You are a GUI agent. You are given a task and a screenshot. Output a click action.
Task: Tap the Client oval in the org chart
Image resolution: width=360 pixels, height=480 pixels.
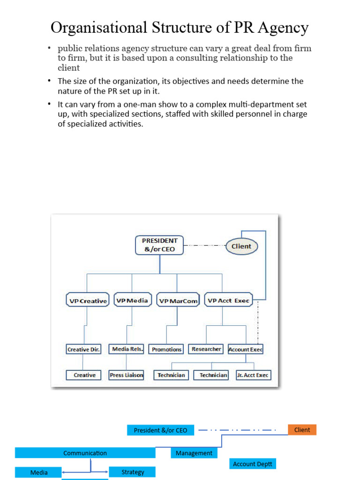click(x=241, y=246)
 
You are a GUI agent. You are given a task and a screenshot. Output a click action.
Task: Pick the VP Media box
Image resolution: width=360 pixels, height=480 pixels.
click(x=132, y=300)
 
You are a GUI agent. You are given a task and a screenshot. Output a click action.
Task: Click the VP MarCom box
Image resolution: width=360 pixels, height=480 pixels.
click(x=178, y=301)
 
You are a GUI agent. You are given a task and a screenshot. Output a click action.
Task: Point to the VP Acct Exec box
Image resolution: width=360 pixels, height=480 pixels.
click(x=228, y=300)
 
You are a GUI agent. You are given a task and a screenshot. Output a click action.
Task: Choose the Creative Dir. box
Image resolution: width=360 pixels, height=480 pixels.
click(x=84, y=349)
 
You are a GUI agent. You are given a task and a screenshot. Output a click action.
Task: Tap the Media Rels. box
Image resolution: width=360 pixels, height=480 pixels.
click(x=127, y=349)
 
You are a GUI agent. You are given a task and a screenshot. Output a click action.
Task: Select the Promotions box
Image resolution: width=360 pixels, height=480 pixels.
click(x=166, y=349)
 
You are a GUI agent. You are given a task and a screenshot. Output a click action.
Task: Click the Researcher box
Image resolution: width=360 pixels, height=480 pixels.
click(x=206, y=349)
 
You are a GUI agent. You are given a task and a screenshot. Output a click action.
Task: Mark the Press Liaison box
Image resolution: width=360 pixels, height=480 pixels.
click(x=126, y=375)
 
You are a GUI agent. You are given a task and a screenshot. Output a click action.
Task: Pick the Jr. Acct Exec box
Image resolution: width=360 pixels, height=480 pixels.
click(x=253, y=375)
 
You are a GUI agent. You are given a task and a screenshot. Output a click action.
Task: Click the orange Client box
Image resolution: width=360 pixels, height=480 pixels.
click(x=302, y=430)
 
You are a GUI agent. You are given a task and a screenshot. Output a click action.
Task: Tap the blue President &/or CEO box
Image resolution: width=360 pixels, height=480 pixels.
click(x=160, y=430)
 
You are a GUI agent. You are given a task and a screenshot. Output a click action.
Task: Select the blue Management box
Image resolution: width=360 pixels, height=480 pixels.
click(x=194, y=453)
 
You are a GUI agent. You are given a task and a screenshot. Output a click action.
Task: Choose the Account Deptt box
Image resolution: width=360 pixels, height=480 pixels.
click(x=253, y=464)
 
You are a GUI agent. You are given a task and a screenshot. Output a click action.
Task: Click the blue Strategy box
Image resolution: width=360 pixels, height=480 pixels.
click(x=133, y=472)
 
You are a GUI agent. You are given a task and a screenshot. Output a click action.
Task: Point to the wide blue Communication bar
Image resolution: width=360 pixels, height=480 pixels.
click(x=85, y=453)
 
